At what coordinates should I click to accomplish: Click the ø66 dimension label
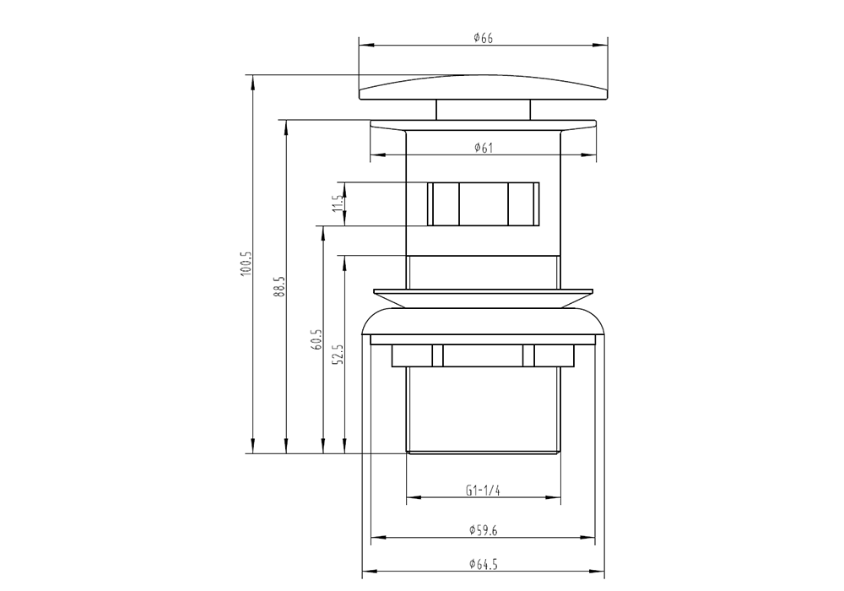[483, 38]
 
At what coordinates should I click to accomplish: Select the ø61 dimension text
[483, 148]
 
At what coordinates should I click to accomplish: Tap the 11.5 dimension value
[336, 203]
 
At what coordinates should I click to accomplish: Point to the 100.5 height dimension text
[246, 264]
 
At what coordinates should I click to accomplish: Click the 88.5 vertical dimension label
[279, 285]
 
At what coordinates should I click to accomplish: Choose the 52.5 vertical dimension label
[338, 354]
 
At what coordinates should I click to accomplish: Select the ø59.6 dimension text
[483, 530]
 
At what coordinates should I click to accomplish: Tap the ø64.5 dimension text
[483, 563]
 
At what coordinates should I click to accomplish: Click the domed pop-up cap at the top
[483, 87]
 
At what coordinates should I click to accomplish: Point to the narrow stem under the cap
[483, 110]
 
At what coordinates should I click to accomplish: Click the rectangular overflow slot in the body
[483, 203]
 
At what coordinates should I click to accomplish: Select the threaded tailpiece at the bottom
[483, 409]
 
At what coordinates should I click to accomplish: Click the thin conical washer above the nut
[483, 297]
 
